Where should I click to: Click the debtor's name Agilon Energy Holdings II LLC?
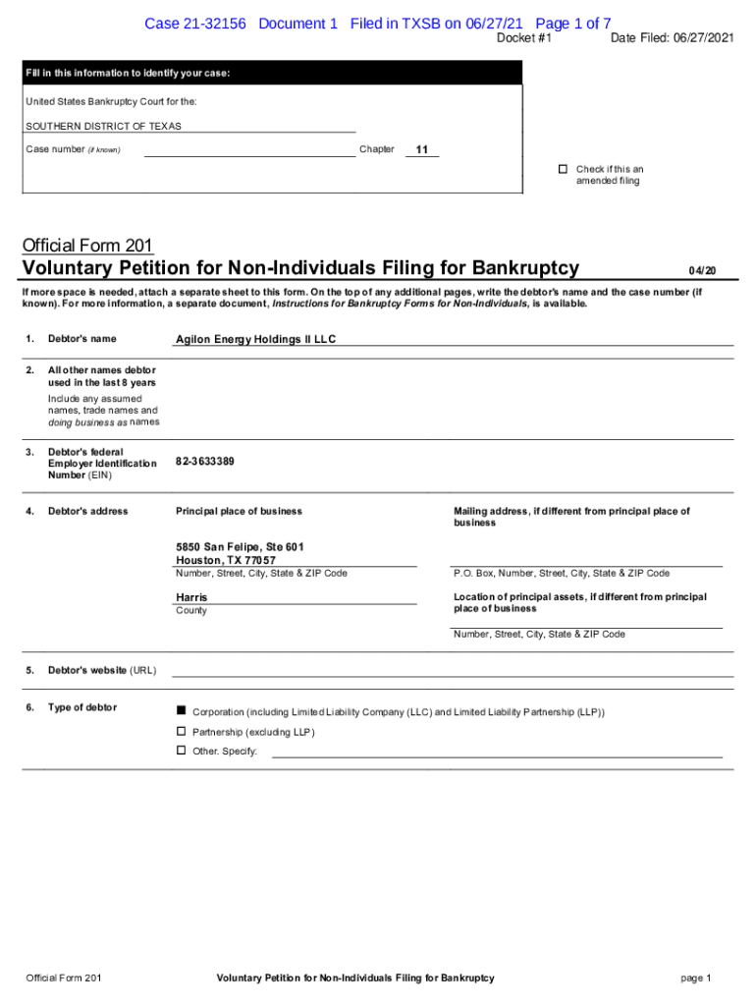pyautogui.click(x=255, y=339)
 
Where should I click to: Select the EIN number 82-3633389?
pyautogui.click(x=205, y=461)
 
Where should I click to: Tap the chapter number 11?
pyautogui.click(x=422, y=150)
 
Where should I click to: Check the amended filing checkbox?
pyautogui.click(x=564, y=169)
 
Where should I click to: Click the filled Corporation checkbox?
pyautogui.click(x=181, y=710)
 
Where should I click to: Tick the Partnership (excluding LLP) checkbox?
pyautogui.click(x=181, y=731)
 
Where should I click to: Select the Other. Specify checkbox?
pyautogui.click(x=181, y=751)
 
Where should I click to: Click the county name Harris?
pyautogui.click(x=191, y=597)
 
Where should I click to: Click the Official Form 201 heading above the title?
pyautogui.click(x=86, y=246)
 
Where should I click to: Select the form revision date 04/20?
pyautogui.click(x=702, y=270)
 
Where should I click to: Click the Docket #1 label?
pyautogui.click(x=524, y=38)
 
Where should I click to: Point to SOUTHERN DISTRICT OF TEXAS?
pyautogui.click(x=103, y=127)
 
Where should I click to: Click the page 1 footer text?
pyautogui.click(x=695, y=978)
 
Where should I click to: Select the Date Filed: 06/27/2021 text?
pyautogui.click(x=672, y=38)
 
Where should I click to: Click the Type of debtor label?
pyautogui.click(x=81, y=707)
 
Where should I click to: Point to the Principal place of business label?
pyautogui.click(x=239, y=511)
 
